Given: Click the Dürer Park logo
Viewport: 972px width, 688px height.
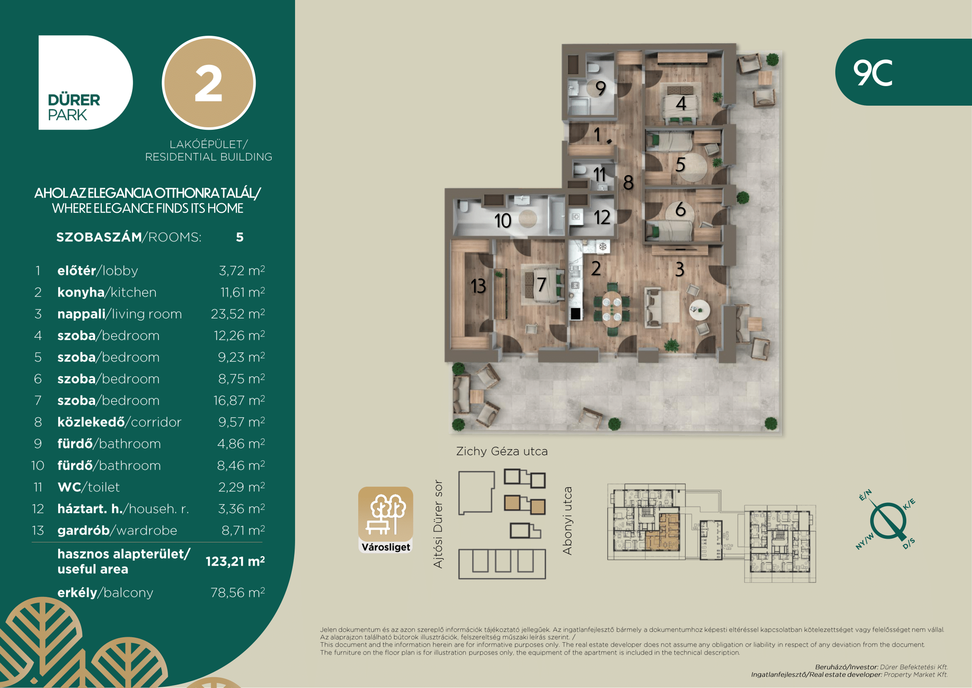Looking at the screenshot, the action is pos(86,82).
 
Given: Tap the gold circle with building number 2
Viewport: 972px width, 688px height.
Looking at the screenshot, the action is pos(209,83).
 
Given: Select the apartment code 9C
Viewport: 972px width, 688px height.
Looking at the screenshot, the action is pos(873,72).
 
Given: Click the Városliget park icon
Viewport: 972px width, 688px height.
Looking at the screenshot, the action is pos(386,520).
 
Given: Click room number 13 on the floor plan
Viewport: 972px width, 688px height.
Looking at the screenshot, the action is pos(478,286).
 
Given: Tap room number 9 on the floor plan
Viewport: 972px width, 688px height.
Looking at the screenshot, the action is pos(600,88).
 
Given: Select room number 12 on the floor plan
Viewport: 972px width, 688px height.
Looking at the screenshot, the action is pos(602,217).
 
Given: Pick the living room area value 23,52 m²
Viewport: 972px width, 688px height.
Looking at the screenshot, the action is pos(238,314).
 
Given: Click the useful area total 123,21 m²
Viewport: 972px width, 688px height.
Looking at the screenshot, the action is pos(235,561).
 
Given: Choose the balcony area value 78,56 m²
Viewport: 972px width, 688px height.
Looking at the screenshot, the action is pos(238,592).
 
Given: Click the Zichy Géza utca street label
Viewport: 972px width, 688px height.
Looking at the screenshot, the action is pos(502,451).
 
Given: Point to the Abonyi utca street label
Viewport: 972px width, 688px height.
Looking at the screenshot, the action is pos(567,521).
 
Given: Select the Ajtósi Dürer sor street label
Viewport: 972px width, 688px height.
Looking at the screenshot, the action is pos(438,524).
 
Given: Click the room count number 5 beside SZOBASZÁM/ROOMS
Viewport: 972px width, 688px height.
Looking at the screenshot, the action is pos(240,237).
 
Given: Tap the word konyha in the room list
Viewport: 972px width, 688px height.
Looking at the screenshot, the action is pos(81,292).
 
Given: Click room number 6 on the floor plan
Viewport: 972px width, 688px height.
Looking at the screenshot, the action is pos(680,209).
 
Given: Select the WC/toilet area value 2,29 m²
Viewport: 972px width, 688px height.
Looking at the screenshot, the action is pos(241,487).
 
